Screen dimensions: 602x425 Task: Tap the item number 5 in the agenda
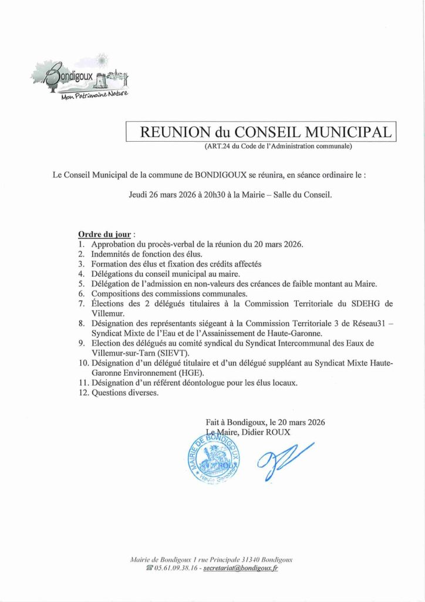click(81, 283)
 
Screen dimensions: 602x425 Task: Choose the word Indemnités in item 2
click(113, 253)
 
